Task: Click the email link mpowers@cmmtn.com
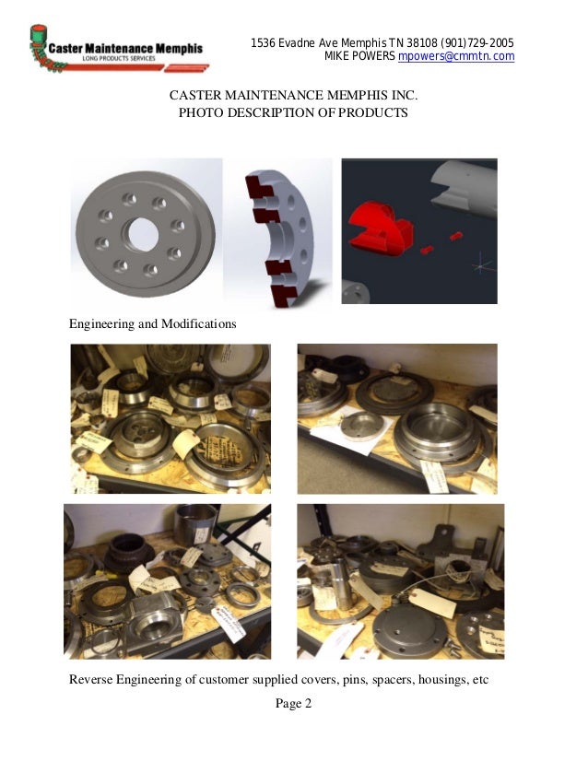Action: [455, 57]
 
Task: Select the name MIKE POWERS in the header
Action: [360, 57]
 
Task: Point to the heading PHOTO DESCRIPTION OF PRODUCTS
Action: [293, 113]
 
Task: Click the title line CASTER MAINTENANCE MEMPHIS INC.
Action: [293, 96]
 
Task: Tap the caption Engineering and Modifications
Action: [153, 324]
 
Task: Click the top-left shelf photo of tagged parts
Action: [171, 419]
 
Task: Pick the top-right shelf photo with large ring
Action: [396, 419]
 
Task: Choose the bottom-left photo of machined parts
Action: [167, 581]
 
